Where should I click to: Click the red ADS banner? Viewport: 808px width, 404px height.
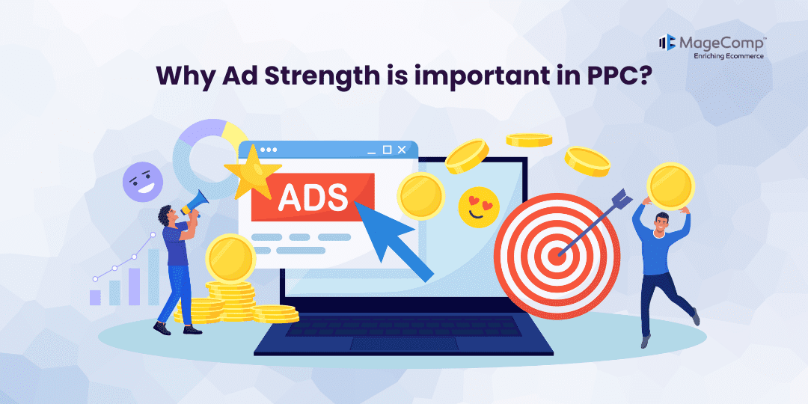pos(313,197)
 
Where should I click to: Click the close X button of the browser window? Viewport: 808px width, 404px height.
pos(402,150)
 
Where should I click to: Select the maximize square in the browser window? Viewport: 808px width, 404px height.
pos(387,150)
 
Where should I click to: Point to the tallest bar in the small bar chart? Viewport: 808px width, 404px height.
pos(153,277)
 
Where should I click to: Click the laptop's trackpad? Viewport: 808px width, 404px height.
pos(403,343)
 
